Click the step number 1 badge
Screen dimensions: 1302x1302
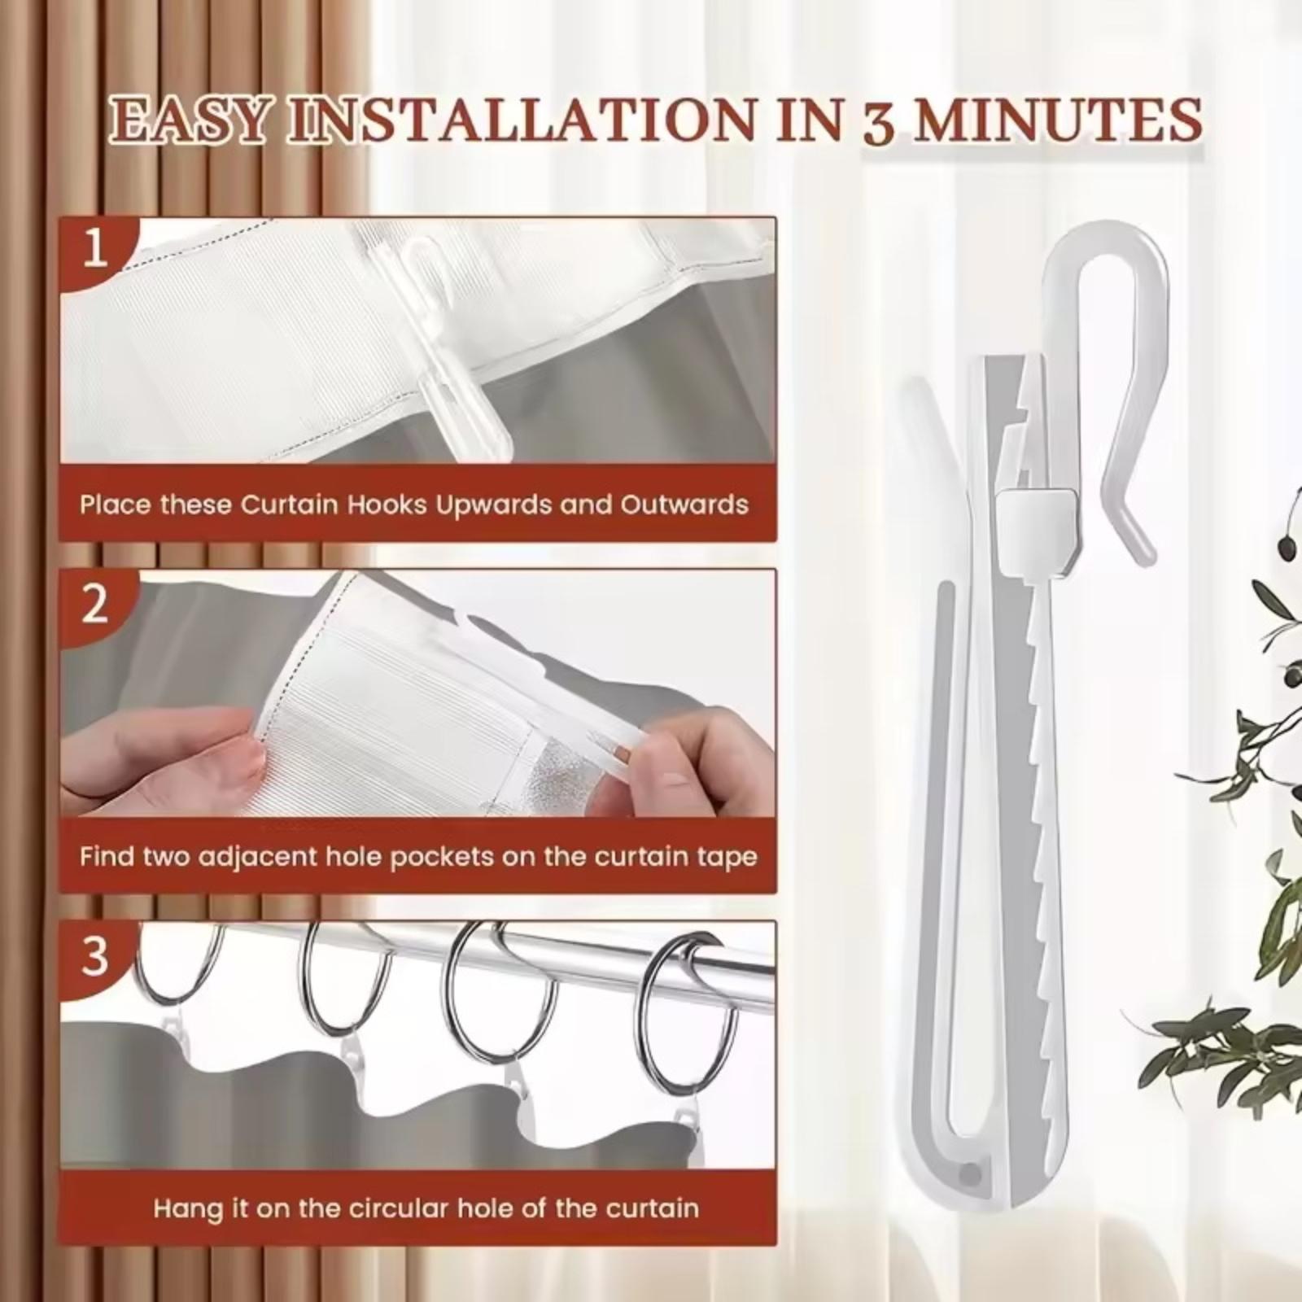click(x=95, y=248)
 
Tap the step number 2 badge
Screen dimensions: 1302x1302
click(x=95, y=603)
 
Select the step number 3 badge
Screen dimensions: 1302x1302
click(x=95, y=955)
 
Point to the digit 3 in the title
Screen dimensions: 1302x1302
click(x=877, y=122)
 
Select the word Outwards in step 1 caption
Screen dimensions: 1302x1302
click(x=684, y=505)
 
